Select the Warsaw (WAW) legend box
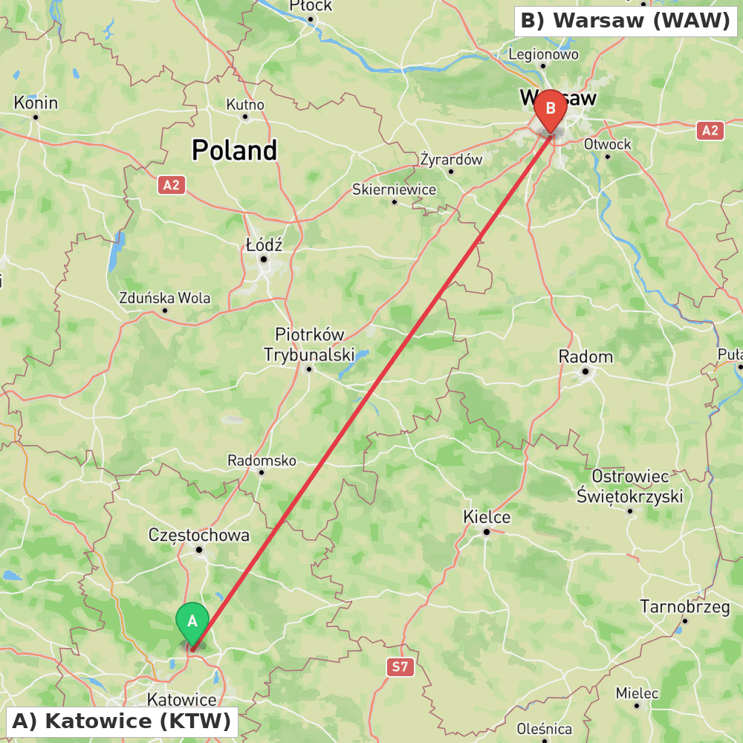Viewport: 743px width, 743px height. click(626, 21)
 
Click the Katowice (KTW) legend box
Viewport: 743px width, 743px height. click(122, 721)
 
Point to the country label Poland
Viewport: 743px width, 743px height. click(234, 150)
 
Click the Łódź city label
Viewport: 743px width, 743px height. click(264, 244)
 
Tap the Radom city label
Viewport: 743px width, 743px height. click(585, 357)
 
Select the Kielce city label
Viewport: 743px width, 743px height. click(487, 517)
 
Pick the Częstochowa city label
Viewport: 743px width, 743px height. click(199, 535)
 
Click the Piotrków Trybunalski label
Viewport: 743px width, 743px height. click(309, 345)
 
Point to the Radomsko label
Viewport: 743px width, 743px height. click(262, 461)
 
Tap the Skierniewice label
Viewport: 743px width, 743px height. click(394, 189)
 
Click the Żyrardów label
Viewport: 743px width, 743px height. click(451, 159)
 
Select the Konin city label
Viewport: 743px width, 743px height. click(36, 103)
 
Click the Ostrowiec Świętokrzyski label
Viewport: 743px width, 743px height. click(630, 486)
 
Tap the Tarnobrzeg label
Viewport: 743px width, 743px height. click(685, 607)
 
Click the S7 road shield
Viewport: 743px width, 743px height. click(400, 666)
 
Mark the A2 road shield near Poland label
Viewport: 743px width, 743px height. click(172, 185)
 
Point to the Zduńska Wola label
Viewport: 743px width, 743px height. click(165, 298)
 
